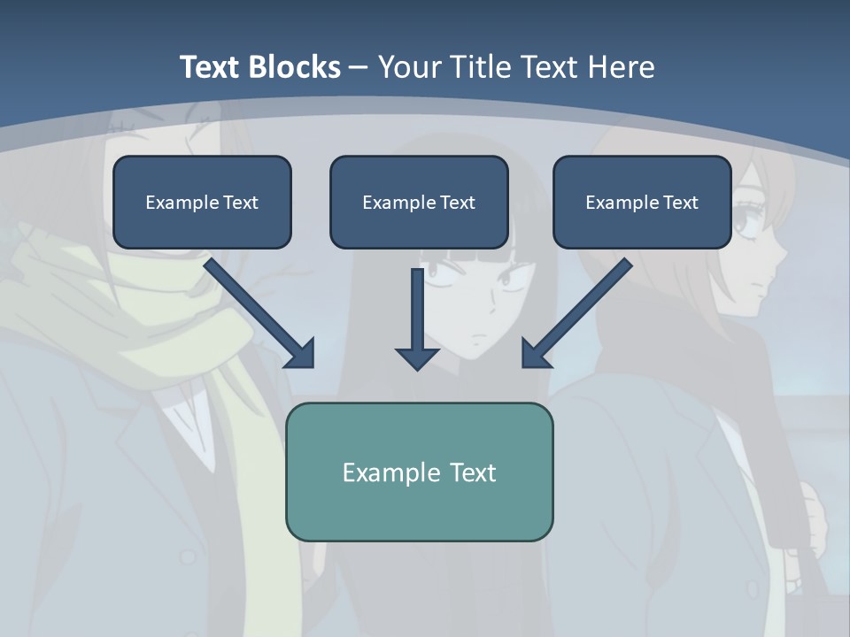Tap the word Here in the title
click(622, 67)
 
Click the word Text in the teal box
click(473, 472)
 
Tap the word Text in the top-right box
click(681, 203)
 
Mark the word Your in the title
click(412, 67)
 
